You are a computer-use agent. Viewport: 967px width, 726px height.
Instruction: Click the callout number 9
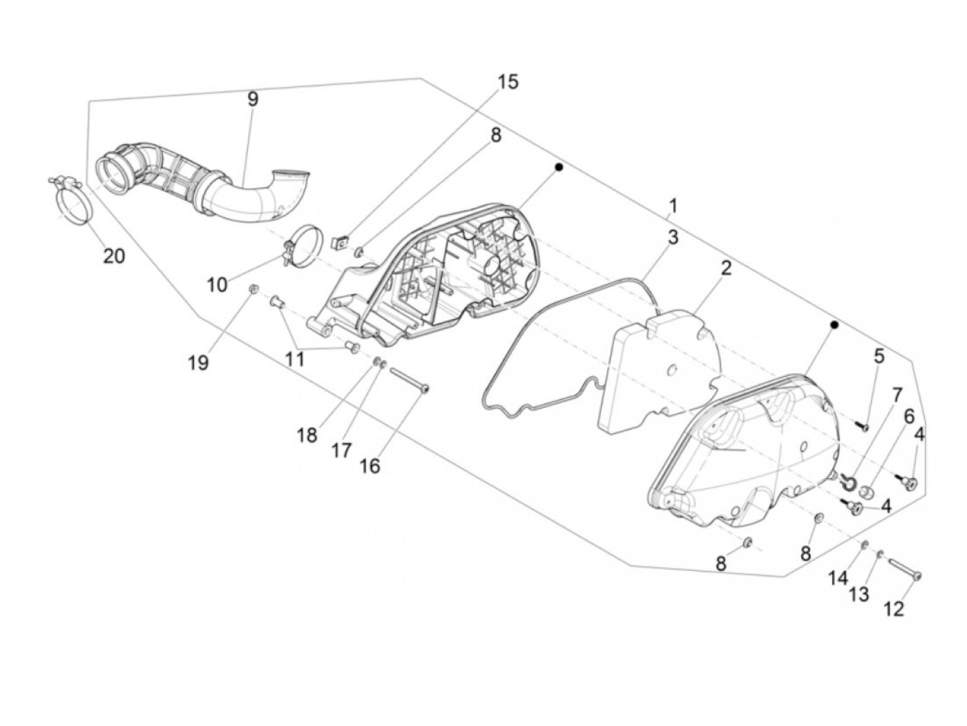coord(253,99)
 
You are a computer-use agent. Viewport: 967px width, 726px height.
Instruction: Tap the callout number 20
coord(114,256)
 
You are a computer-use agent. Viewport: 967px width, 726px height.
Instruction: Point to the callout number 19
coord(198,363)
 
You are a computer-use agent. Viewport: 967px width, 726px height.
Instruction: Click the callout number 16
coord(370,466)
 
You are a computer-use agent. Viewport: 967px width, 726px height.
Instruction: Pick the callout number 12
coord(893,609)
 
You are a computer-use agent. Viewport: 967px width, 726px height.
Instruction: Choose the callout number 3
coord(672,237)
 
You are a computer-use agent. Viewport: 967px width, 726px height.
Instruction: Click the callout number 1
coord(673,206)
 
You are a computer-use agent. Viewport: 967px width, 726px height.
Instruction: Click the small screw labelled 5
coord(861,424)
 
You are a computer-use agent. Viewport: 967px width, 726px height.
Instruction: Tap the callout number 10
coord(217,284)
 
